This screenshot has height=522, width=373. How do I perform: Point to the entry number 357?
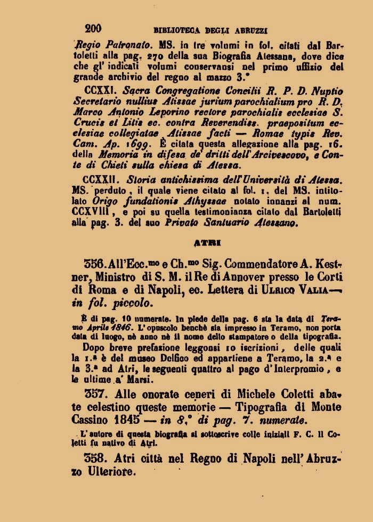tap(96, 394)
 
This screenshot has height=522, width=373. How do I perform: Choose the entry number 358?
tap(96, 458)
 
